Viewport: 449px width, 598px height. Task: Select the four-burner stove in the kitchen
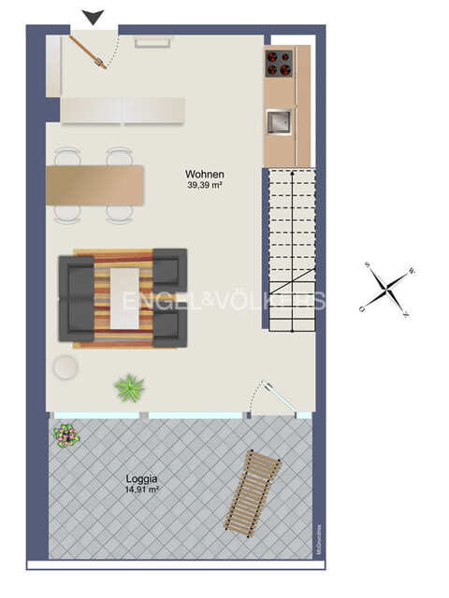(280, 64)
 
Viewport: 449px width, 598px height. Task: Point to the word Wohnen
(205, 175)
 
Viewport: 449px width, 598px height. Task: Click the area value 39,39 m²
(205, 186)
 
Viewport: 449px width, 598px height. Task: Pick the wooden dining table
(96, 185)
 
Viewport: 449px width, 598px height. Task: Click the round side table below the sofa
(65, 367)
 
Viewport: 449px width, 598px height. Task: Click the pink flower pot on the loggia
(65, 434)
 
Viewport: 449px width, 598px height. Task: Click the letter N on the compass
(405, 314)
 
